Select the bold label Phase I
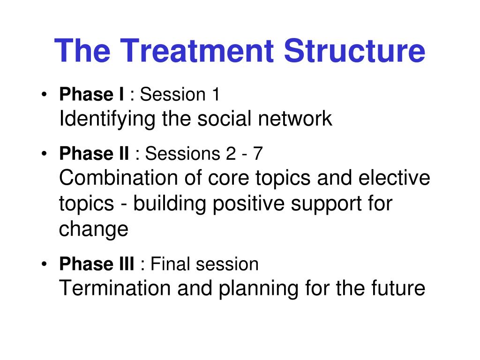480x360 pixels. click(91, 94)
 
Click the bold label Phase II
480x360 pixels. click(94, 153)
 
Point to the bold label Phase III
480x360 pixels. click(97, 264)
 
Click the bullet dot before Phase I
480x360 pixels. click(45, 94)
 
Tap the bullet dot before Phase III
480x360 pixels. click(45, 264)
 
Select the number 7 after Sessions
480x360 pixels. click(258, 153)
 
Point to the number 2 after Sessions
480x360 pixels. click(231, 153)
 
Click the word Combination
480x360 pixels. click(119, 178)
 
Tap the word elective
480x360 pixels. click(394, 178)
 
